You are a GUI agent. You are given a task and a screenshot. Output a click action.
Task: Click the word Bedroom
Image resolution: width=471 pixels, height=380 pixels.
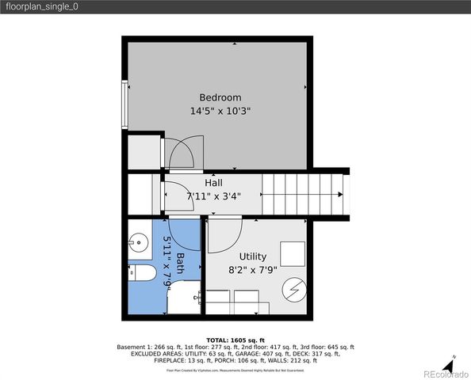tap(220, 97)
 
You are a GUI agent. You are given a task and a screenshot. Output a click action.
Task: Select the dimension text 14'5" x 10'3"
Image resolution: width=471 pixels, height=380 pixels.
tap(220, 112)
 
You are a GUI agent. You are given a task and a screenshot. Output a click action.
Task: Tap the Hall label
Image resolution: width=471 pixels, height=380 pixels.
tap(213, 183)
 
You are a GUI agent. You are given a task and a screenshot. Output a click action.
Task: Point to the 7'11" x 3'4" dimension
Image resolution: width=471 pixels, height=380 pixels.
tap(213, 196)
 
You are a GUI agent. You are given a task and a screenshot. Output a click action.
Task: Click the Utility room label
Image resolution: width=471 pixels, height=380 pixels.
tap(253, 256)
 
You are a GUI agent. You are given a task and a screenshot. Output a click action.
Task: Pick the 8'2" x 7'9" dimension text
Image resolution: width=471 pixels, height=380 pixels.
tap(253, 270)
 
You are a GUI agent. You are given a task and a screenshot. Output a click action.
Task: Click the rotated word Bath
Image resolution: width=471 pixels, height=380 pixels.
tap(180, 265)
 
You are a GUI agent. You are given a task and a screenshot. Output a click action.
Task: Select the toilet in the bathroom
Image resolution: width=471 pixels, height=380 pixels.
tap(142, 273)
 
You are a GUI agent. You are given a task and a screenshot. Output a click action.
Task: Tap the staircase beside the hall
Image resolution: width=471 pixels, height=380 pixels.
tap(305, 194)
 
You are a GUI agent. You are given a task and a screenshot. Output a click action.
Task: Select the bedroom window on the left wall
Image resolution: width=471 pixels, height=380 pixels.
tap(124, 104)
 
